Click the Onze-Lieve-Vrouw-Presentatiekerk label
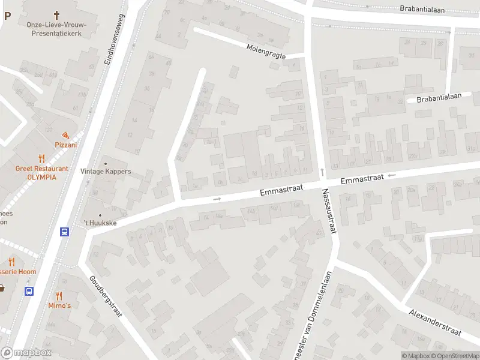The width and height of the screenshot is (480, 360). pos(57,29)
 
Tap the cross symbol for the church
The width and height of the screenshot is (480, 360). pos(57,14)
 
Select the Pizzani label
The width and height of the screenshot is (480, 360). pos(66,145)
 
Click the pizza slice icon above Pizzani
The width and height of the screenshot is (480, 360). pos(65,135)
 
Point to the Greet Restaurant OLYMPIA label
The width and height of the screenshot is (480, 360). pos(41,173)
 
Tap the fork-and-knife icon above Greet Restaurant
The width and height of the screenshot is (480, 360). pos(41,159)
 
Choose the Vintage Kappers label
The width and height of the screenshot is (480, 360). pos(106,172)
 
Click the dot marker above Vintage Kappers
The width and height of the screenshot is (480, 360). pos(106,163)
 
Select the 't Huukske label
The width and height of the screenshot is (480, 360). pos(99,223)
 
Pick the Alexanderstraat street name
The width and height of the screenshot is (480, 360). pos(436,323)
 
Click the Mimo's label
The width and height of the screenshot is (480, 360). pos(59,305)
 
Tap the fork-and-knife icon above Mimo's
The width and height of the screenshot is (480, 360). pos(59,296)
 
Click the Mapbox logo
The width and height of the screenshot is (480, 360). pos(26,353)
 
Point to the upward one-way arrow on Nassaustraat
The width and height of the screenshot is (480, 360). pos(322,172)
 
